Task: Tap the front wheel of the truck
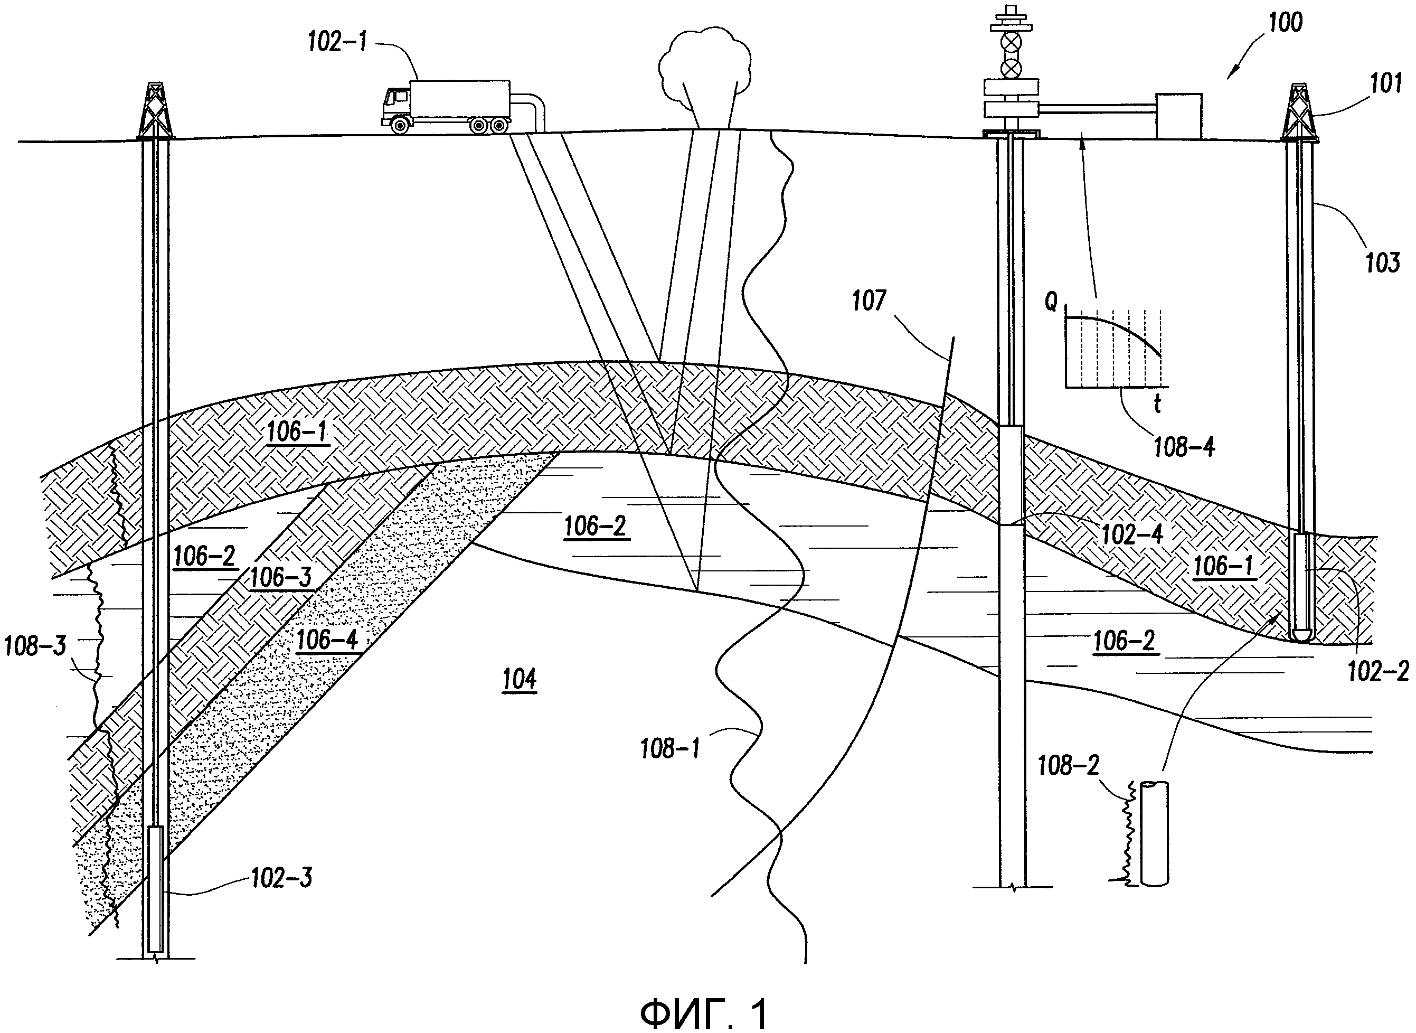click(x=400, y=126)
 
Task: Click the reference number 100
click(x=1285, y=23)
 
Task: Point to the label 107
click(x=869, y=302)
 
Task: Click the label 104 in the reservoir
click(x=520, y=679)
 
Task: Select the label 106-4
click(x=327, y=640)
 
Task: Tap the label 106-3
click(x=280, y=577)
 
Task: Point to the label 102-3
click(x=281, y=878)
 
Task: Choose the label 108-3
click(x=35, y=646)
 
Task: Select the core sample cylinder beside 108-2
click(x=1155, y=832)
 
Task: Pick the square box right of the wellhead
click(x=1178, y=116)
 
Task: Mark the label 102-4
click(x=1131, y=534)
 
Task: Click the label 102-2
click(x=1378, y=672)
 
